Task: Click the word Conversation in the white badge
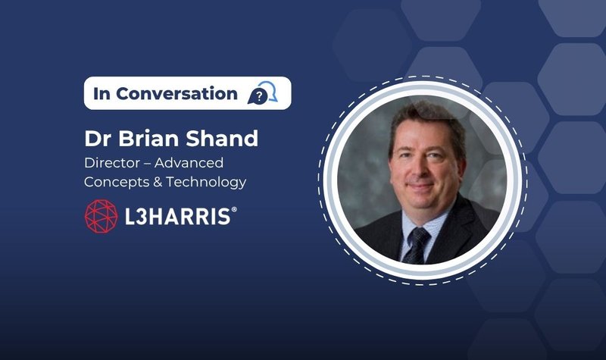[176, 93]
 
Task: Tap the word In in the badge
[102, 93]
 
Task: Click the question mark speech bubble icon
[262, 92]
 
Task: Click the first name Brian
[148, 138]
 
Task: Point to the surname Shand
[222, 138]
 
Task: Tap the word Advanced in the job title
[189, 163]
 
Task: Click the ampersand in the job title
[158, 182]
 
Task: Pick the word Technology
[206, 183]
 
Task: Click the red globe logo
[102, 216]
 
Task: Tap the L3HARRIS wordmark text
[178, 217]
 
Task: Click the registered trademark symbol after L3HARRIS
[234, 210]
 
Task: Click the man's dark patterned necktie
[416, 245]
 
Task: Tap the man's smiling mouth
[420, 186]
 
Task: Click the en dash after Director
[147, 164]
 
